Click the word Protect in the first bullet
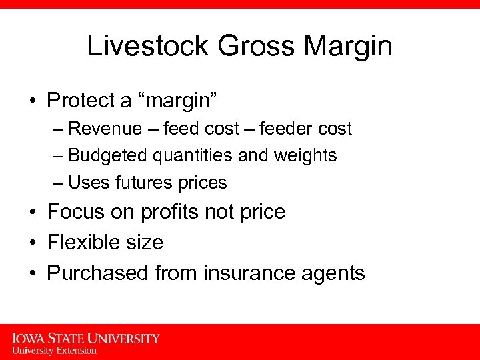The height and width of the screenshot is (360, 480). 79,101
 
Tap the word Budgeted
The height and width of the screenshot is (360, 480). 109,155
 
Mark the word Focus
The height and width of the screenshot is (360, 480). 74,212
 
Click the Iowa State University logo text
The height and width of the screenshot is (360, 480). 86,339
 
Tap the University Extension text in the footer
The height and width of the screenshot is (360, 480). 55,350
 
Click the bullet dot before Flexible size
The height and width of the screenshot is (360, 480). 33,243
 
